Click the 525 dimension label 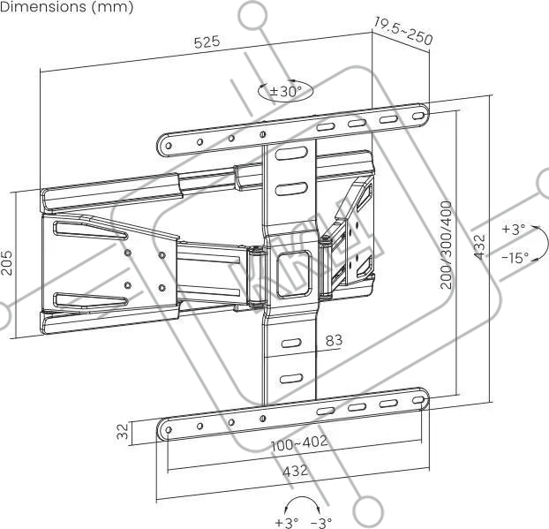[x=207, y=42]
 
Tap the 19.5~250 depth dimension [x=403, y=31]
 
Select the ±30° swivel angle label [x=285, y=92]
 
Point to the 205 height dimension [x=7, y=262]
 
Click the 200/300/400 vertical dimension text [x=447, y=245]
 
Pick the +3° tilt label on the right [x=514, y=229]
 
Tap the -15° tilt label [x=515, y=258]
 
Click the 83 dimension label [x=334, y=340]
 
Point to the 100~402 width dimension [x=299, y=442]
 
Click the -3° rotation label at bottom [x=321, y=523]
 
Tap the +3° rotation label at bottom [x=286, y=523]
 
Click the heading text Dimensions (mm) [x=66, y=7]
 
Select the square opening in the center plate [x=293, y=274]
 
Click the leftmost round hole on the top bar [x=169, y=145]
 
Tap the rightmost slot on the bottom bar [x=417, y=400]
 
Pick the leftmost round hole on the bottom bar [x=168, y=429]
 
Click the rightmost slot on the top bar [x=417, y=116]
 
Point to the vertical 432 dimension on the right [x=480, y=246]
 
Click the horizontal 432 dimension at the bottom [x=295, y=471]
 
